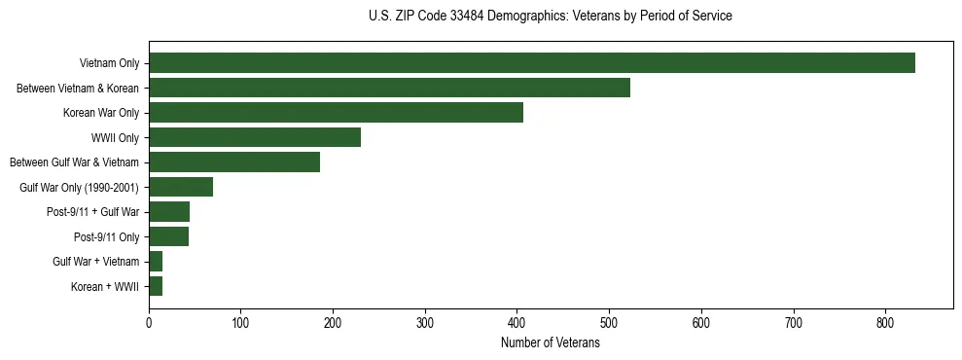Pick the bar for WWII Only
coord(255,137)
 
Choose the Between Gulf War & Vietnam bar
coord(234,162)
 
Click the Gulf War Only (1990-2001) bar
coord(181,187)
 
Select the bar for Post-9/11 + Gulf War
coord(169,212)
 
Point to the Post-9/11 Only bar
coord(168,236)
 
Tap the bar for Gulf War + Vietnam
coord(156,262)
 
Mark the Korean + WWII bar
coord(156,286)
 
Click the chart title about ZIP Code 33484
coord(551,17)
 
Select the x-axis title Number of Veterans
coord(551,343)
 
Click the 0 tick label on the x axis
coord(149,322)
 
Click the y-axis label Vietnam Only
coord(109,64)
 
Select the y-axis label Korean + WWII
coord(105,287)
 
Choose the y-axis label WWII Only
coord(115,138)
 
